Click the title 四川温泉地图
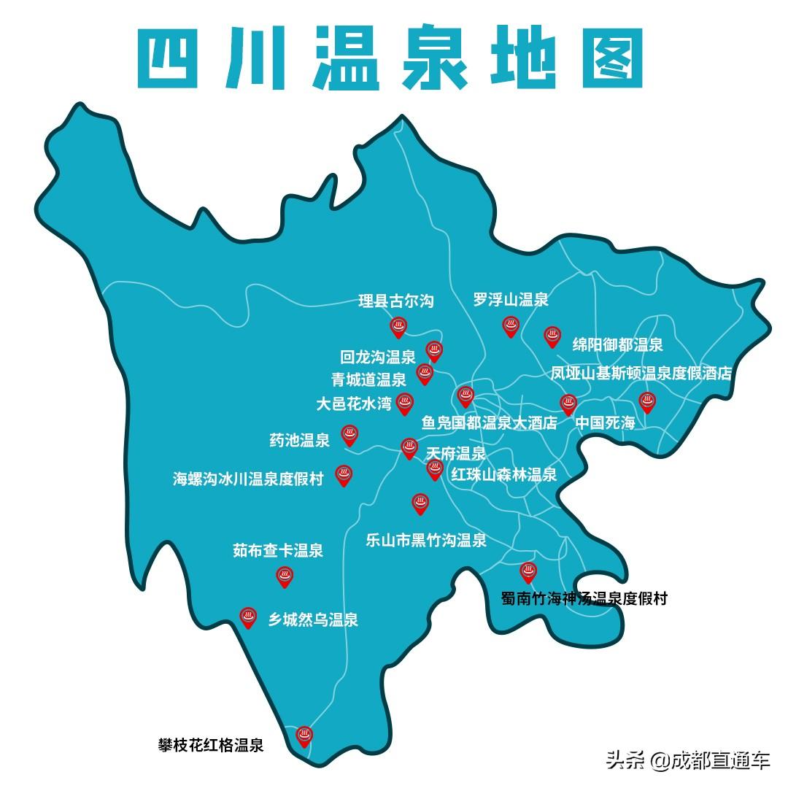pos(391,58)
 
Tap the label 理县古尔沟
pos(396,301)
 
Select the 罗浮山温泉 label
pos(511,299)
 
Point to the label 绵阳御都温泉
pos(617,345)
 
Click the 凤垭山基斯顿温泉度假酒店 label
pos(641,374)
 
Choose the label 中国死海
pos(605,423)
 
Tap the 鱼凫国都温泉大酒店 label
pos(490,423)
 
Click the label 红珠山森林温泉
pos(503,475)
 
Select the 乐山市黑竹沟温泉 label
pos(426,541)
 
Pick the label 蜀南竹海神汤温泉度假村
pos(584,599)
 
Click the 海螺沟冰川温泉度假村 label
pos(248,479)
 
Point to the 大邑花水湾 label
pos(354,403)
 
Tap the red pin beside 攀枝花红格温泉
pos(304,736)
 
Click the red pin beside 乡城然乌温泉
pos(249,618)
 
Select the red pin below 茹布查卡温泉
pos(285,576)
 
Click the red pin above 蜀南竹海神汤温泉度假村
pos(528,572)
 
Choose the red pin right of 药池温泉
pos(349,436)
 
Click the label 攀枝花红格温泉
pos(210,746)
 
